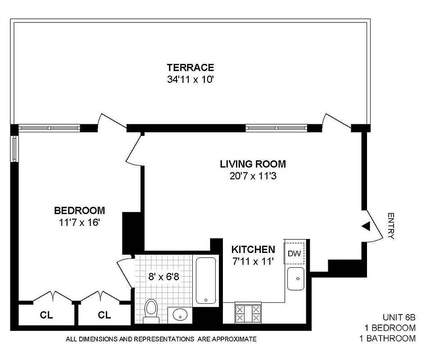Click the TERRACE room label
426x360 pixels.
[190, 68]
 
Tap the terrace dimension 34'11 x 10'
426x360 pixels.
[190, 80]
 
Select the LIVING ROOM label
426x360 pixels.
[253, 164]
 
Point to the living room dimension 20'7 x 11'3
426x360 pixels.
[253, 176]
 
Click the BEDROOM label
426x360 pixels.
[79, 210]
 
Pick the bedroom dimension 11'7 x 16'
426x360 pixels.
[79, 222]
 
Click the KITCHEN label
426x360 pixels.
[253, 249]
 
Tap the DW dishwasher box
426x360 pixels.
[295, 253]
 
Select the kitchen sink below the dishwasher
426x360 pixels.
[296, 279]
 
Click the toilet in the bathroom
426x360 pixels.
[150, 311]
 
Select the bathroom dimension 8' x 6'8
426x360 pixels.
[164, 276]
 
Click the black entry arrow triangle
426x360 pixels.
[367, 226]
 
